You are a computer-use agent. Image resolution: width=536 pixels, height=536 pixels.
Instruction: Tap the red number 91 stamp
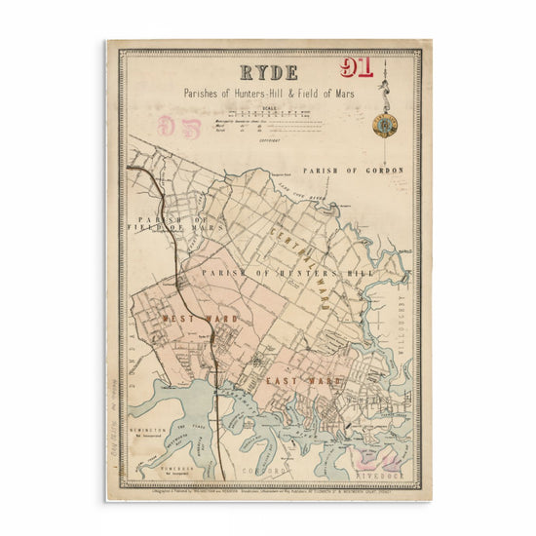pyautogui.click(x=360, y=67)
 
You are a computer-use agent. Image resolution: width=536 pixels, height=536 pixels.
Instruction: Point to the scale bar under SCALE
pyautogui.click(x=269, y=116)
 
